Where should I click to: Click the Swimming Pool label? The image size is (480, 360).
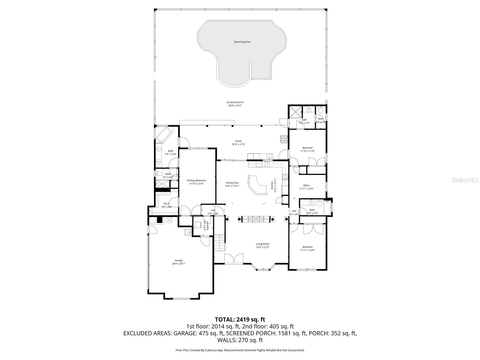coord(242,42)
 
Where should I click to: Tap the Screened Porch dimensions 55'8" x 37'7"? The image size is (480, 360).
coord(235,106)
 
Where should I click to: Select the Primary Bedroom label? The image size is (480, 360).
coord(196,180)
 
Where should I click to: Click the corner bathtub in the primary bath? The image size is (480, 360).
coord(163,135)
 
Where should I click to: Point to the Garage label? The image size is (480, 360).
coord(178,260)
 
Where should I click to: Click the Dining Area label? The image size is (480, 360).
coord(232,183)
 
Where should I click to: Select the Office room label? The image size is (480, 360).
coord(306,185)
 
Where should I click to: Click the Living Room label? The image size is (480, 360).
coord(262,244)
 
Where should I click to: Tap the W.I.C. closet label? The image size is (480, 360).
coord(167,204)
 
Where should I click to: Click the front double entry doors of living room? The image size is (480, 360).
coord(234,259)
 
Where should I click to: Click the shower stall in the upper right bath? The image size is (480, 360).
coord(295,112)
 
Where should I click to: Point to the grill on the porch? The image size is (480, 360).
coord(284,139)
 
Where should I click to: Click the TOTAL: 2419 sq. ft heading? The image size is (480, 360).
coord(240,319)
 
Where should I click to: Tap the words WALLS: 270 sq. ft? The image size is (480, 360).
coord(240,340)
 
